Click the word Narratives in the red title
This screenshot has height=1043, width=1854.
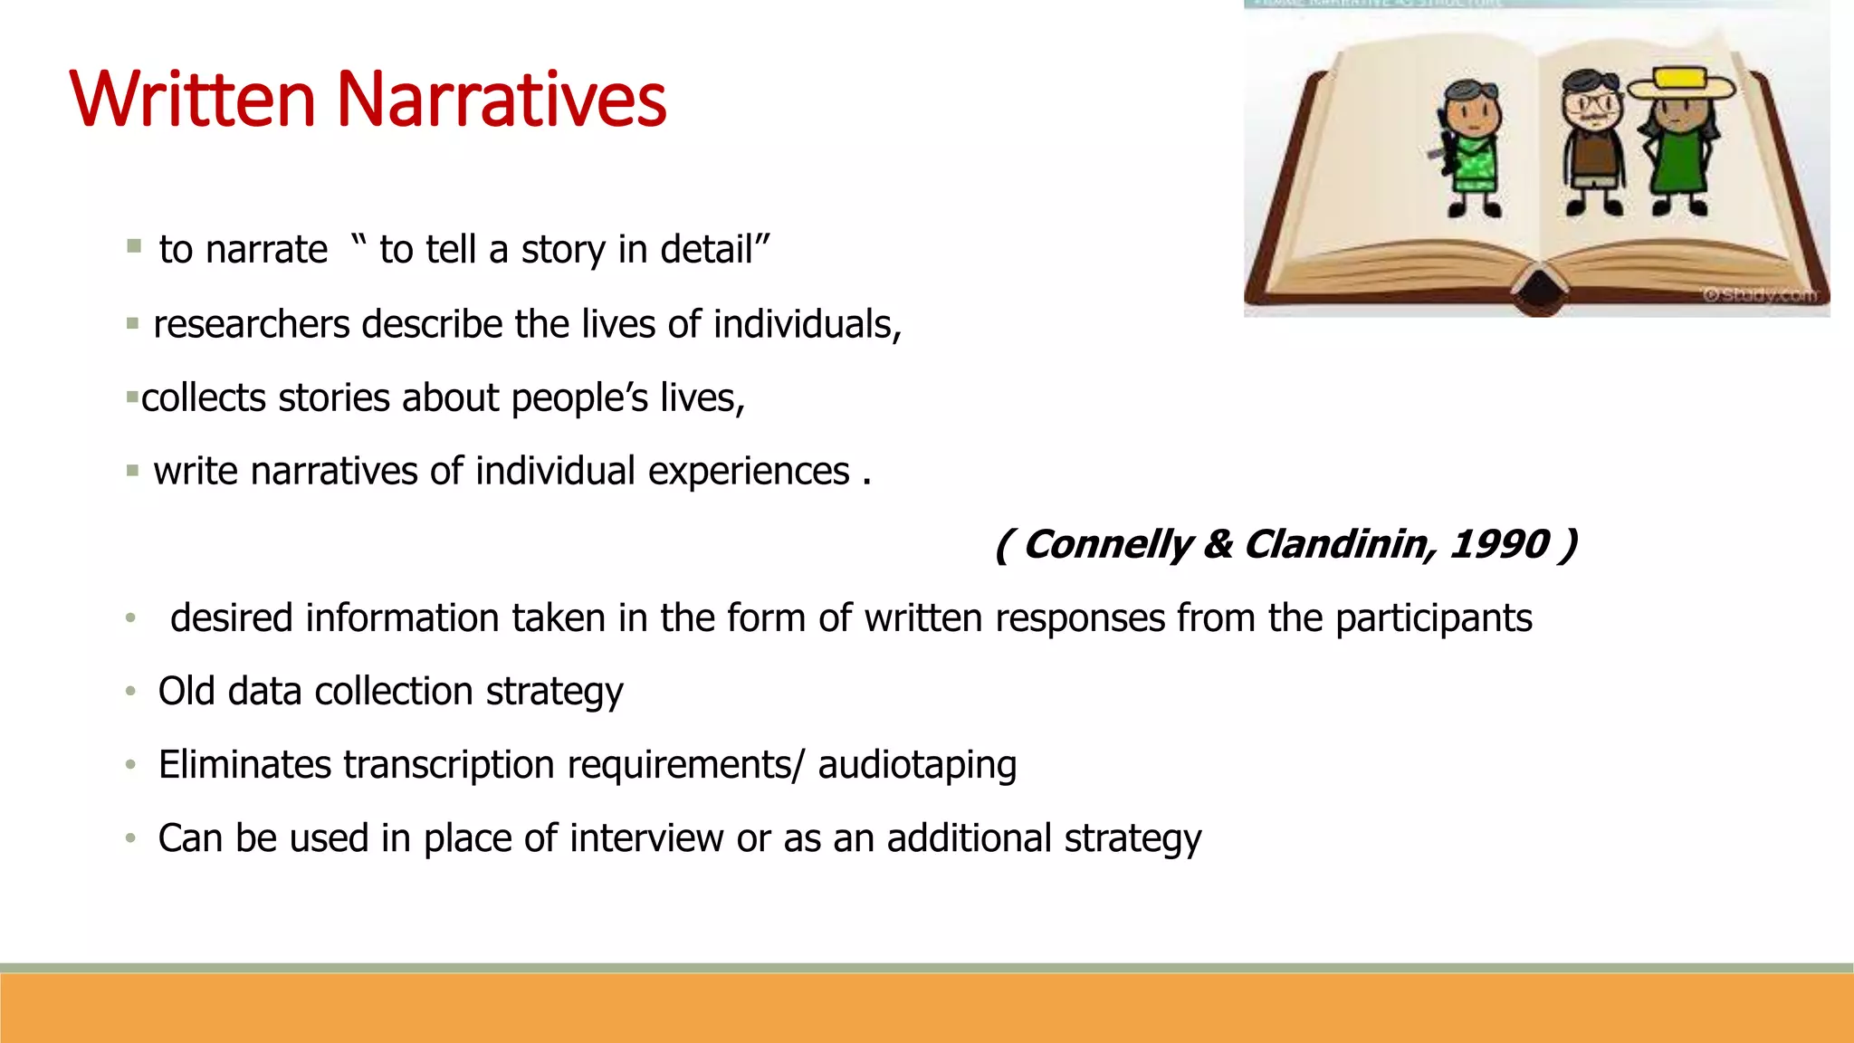coord(502,100)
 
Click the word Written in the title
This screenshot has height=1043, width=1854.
coord(192,100)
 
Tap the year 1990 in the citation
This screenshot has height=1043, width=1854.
coord(1499,544)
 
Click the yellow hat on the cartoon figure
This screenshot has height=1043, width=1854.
coord(1680,84)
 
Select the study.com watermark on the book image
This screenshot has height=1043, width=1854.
coord(1760,295)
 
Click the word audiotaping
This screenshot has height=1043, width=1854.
coord(917,765)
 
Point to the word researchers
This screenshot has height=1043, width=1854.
coord(252,324)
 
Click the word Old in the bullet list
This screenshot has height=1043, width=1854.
coord(186,692)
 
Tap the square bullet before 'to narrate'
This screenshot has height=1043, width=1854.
coord(134,246)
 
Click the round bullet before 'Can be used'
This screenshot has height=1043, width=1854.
coord(130,839)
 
